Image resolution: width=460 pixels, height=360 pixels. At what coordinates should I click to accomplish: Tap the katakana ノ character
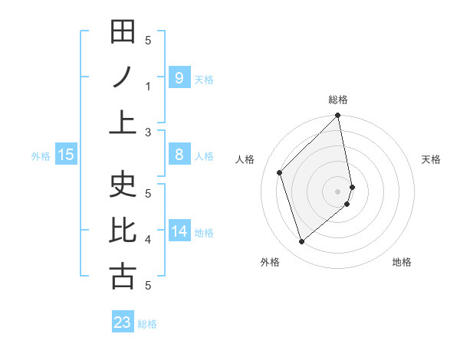pos(123,77)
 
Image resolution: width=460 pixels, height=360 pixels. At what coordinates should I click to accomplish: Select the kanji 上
pos(123,123)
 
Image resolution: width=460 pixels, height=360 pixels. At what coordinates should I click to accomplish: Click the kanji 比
pos(123,231)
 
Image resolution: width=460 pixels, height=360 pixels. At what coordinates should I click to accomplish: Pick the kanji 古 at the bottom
pos(123,276)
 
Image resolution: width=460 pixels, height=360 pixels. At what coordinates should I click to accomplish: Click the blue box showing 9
pos(179,77)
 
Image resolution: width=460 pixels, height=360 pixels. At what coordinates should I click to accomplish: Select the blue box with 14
pos(179,231)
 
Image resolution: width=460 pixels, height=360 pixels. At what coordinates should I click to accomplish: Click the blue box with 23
pos(123,322)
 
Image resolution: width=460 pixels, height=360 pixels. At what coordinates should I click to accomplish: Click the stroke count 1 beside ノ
pos(148,87)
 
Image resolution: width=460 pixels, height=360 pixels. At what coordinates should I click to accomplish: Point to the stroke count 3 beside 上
pos(148,133)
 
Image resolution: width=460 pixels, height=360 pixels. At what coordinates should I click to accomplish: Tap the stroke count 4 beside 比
pos(148,240)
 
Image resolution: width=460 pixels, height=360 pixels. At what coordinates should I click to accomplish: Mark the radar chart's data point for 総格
pos(337,116)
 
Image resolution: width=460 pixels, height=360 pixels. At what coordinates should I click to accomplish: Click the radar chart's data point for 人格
pos(280,172)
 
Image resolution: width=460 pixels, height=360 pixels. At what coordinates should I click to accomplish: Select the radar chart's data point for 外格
pos(301,242)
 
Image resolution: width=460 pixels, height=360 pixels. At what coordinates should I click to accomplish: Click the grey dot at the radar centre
pos(338,190)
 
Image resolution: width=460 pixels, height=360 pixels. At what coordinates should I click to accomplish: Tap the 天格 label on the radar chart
pos(432,159)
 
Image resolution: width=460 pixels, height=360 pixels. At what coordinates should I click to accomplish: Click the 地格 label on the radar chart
pos(402,262)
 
